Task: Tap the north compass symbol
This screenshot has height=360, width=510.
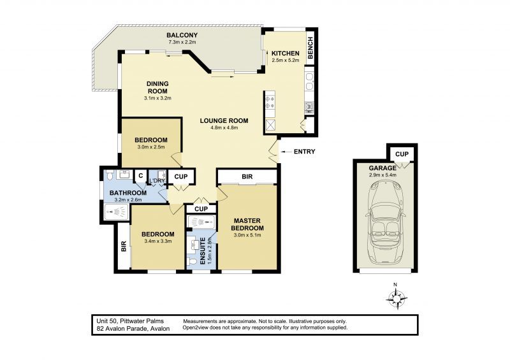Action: pos(397,298)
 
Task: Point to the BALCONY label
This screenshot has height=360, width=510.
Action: pos(182,34)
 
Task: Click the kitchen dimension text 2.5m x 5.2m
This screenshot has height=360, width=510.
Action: pos(285,61)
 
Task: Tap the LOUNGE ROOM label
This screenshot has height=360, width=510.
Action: pos(223,120)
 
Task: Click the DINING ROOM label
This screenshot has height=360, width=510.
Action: pos(157,87)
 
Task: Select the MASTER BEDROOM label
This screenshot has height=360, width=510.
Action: pos(247,224)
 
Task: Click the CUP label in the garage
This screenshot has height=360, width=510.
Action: pos(402,154)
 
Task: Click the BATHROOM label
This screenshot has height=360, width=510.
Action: pos(128,192)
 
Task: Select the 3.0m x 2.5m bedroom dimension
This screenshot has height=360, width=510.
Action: pos(150,147)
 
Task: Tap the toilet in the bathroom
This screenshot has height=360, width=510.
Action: pos(110,175)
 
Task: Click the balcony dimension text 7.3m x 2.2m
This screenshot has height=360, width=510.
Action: pos(182,42)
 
